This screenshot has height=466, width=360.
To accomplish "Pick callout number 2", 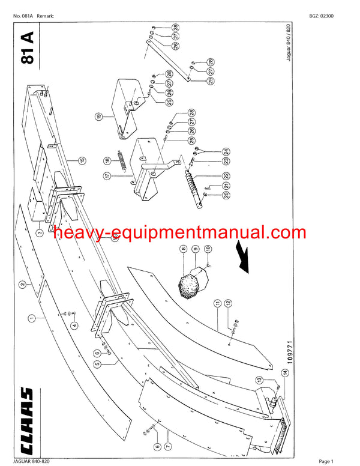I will coord(22,285).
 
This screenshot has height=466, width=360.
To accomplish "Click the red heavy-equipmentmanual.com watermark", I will coord(170,233).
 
